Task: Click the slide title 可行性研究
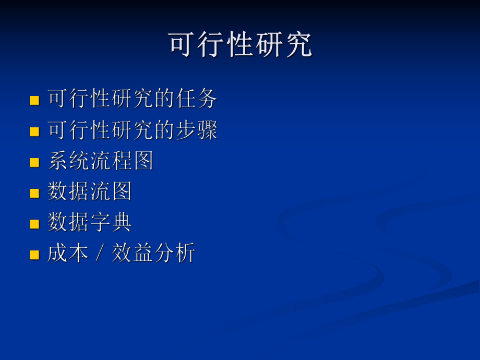tap(240, 45)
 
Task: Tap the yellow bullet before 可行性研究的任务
tap(34, 100)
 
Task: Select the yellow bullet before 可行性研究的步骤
tap(34, 131)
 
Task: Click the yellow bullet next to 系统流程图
tap(34, 162)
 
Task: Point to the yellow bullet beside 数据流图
tap(34, 193)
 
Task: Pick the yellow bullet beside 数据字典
tap(34, 224)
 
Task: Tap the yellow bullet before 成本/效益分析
tap(34, 255)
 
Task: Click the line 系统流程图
tap(100, 161)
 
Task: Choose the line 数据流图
tap(89, 191)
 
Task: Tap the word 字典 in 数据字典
tap(111, 222)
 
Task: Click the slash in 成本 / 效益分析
tap(100, 254)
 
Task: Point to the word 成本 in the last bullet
tap(68, 254)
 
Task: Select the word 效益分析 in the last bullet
tap(153, 254)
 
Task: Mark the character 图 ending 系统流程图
tap(143, 161)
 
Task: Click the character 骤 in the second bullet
tap(207, 130)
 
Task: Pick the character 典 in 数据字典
tap(122, 222)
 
